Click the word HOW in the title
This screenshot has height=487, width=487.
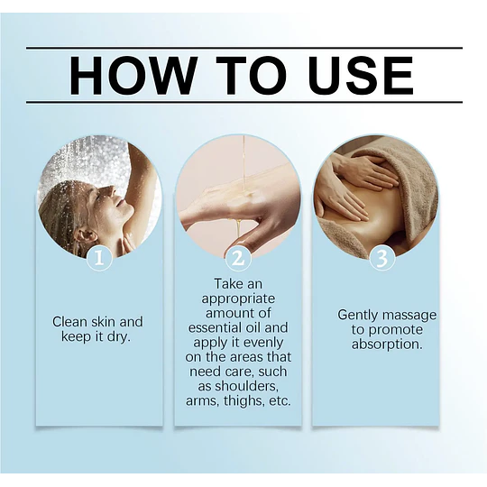click(x=133, y=75)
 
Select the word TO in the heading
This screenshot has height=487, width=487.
click(x=251, y=75)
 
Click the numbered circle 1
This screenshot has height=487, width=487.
click(x=99, y=258)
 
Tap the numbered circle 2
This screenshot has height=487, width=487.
click(x=237, y=259)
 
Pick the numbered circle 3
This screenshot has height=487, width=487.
click(x=382, y=259)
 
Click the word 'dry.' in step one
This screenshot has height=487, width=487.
click(x=118, y=337)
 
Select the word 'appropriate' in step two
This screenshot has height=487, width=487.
click(x=238, y=299)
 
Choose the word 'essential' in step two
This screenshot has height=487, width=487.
click(x=213, y=328)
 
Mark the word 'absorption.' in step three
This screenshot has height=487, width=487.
click(x=387, y=345)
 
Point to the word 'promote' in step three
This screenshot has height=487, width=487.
click(x=399, y=330)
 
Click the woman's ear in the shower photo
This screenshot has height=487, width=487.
click(x=80, y=236)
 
